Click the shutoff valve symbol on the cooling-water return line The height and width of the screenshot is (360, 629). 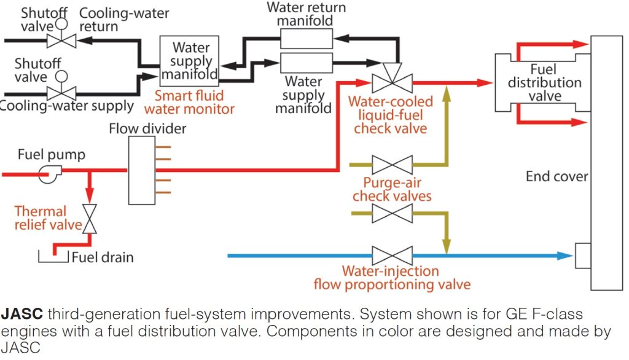(x=61, y=41)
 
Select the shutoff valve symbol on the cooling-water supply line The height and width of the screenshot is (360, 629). (x=61, y=93)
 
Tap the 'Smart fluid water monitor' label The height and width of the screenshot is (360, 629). (x=189, y=103)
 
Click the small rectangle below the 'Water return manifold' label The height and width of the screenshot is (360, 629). (x=306, y=40)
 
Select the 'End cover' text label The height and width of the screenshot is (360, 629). (x=557, y=177)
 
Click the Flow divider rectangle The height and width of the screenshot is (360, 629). (x=142, y=170)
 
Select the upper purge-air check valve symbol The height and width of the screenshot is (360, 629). (x=392, y=165)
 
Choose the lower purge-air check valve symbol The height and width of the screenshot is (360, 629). (x=392, y=214)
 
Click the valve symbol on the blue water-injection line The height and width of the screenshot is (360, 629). (x=392, y=255)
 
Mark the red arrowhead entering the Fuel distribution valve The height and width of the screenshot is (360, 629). (x=485, y=82)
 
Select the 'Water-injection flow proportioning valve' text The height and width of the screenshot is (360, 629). (x=391, y=278)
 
